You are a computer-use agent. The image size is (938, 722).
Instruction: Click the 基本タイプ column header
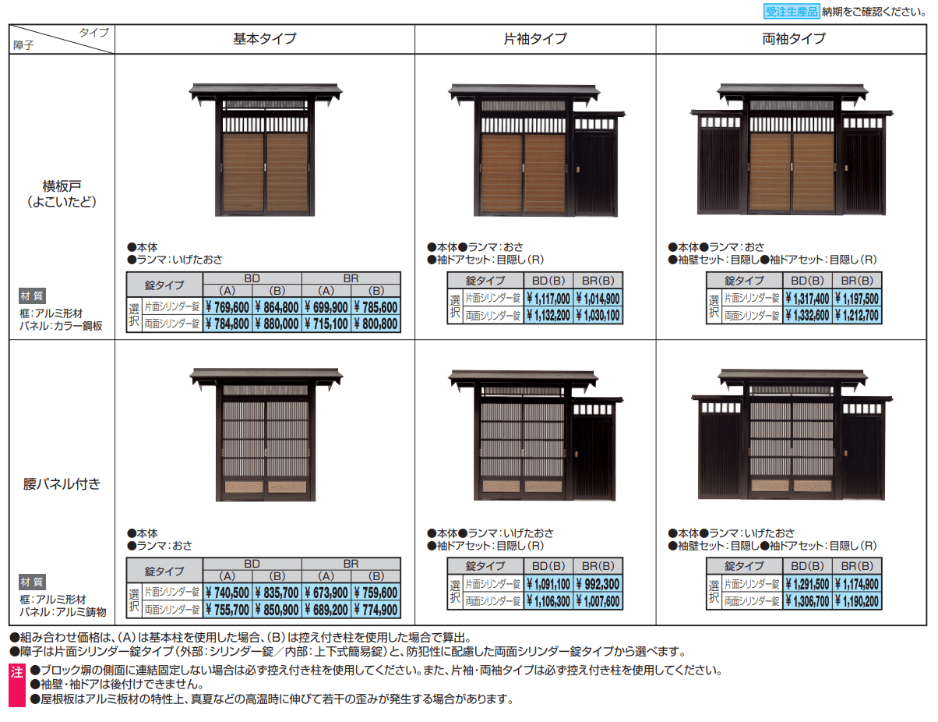265,38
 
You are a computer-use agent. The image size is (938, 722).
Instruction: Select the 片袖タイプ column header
536,38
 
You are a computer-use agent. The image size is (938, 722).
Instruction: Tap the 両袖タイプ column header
794,38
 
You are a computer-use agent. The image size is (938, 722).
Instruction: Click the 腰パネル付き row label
62,483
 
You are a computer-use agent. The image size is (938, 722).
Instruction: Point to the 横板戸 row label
62,193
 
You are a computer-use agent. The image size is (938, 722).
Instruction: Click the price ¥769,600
227,307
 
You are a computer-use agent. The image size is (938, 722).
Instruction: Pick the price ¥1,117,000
548,298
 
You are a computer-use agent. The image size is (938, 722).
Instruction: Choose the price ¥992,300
598,584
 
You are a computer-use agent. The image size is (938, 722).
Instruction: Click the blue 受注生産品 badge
791,11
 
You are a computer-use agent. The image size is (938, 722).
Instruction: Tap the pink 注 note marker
17,671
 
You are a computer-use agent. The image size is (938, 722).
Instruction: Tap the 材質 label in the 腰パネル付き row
32,582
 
